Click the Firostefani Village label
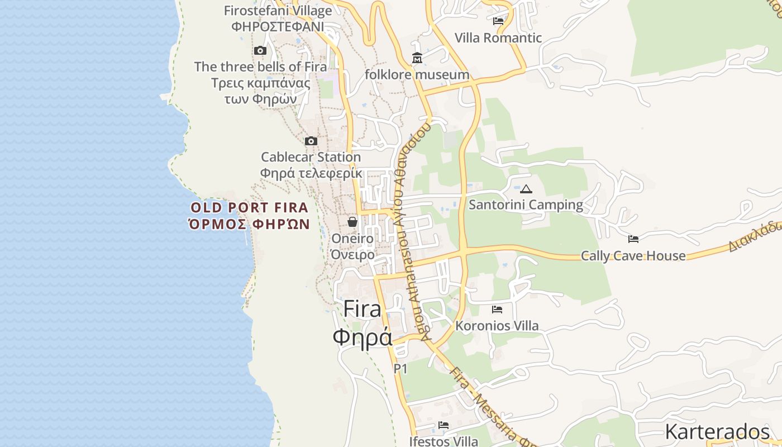[278, 11]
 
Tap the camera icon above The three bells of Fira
[260, 51]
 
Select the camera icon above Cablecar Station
[311, 141]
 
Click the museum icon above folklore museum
[417, 58]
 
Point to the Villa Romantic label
[498, 38]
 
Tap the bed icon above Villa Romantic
[498, 21]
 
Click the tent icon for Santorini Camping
[526, 189]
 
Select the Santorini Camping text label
[526, 205]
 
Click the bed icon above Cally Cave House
[633, 239]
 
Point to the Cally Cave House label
[633, 256]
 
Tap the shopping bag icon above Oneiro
[352, 222]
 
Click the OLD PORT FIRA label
[250, 208]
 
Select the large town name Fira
[362, 309]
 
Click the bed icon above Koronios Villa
[497, 309]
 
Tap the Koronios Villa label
[497, 326]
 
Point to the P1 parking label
[400, 369]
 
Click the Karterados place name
[717, 432]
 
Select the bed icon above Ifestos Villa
[444, 425]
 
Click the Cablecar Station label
[311, 157]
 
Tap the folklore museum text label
[417, 75]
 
